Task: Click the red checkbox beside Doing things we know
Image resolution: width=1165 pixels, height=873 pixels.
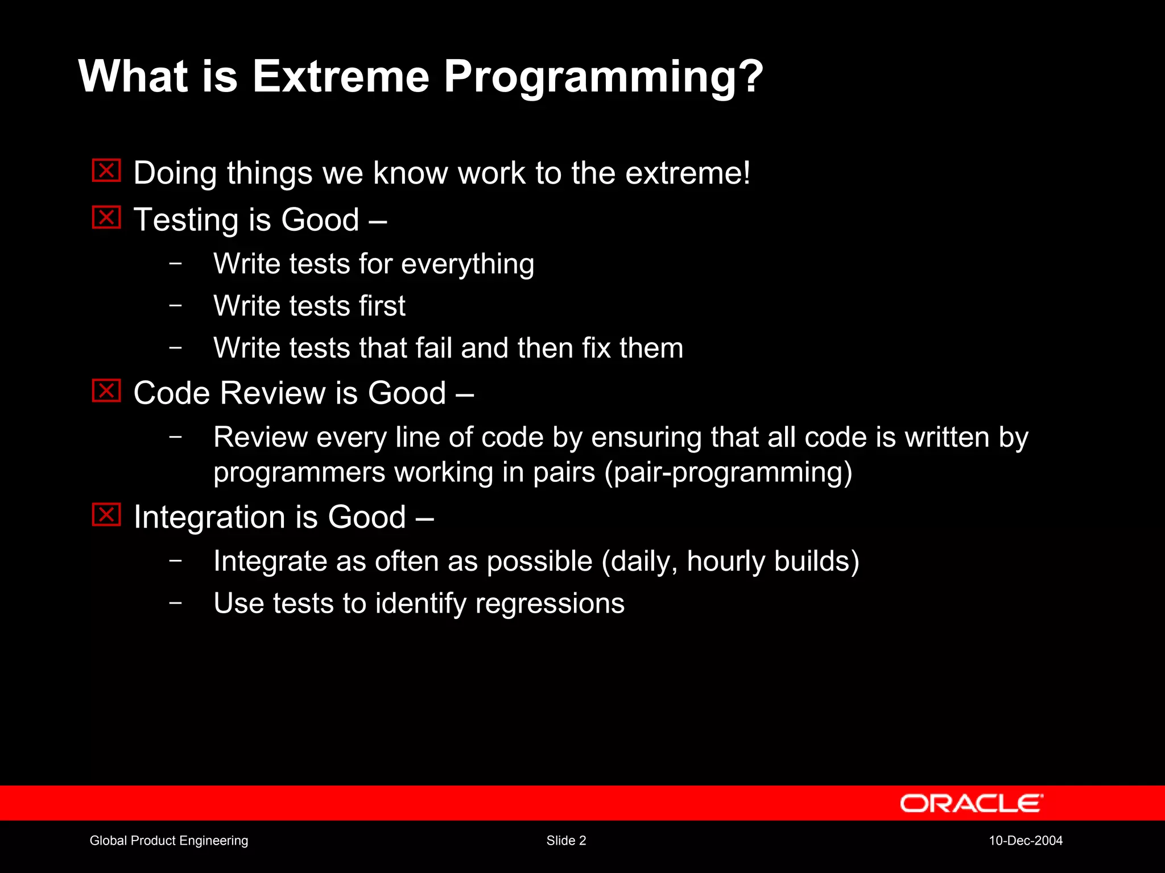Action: [x=106, y=171]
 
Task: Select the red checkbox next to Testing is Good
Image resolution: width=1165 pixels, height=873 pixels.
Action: [x=106, y=218]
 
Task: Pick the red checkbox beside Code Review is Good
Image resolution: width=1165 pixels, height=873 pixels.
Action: [x=106, y=391]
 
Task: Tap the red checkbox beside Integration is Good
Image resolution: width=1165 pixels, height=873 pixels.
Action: [x=106, y=515]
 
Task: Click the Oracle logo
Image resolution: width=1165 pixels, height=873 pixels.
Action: [x=971, y=803]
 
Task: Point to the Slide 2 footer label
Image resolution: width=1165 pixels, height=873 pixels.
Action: [x=566, y=841]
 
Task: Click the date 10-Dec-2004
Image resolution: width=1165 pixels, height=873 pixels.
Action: [x=1026, y=841]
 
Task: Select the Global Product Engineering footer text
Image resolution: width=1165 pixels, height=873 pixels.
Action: [x=169, y=841]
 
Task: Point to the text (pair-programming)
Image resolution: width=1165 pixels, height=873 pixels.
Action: [x=728, y=473]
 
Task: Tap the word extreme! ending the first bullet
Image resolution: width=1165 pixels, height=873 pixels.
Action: [x=688, y=173]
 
